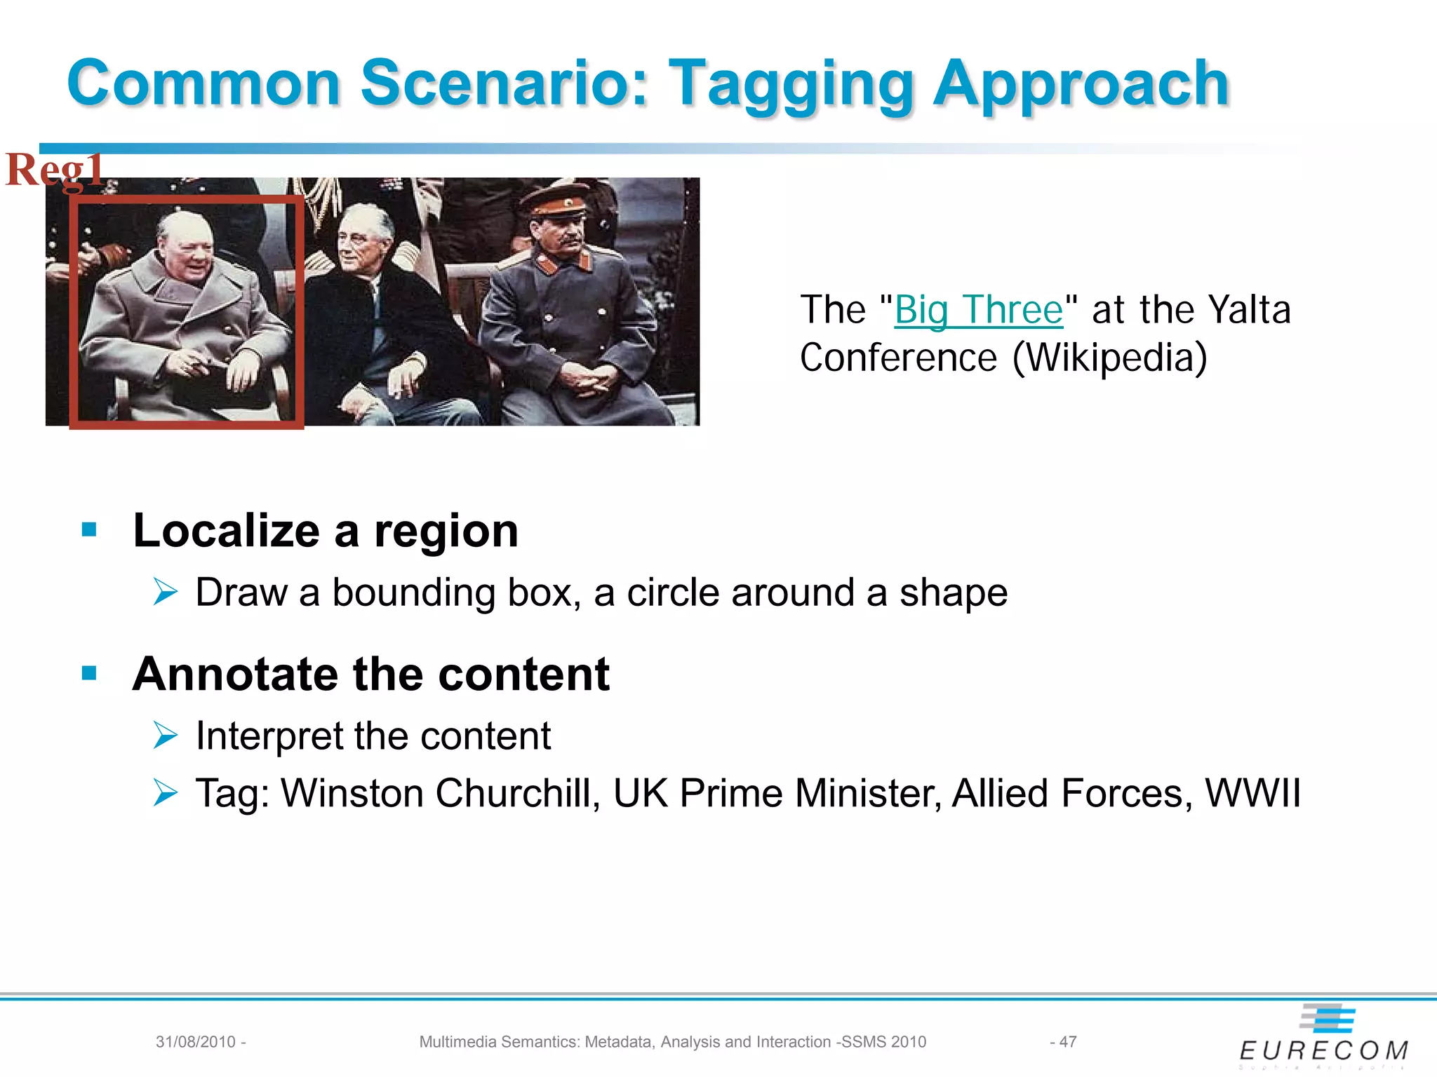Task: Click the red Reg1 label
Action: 55,170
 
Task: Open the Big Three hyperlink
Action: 979,310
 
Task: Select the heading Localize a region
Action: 326,531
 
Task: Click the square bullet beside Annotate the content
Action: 89,674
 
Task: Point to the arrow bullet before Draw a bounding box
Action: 166,592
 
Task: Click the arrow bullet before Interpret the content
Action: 166,736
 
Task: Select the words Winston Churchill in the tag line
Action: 439,794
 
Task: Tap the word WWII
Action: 1252,794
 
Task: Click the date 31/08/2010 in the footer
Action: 196,1042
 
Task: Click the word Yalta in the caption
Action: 1249,310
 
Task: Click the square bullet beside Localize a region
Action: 89,530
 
